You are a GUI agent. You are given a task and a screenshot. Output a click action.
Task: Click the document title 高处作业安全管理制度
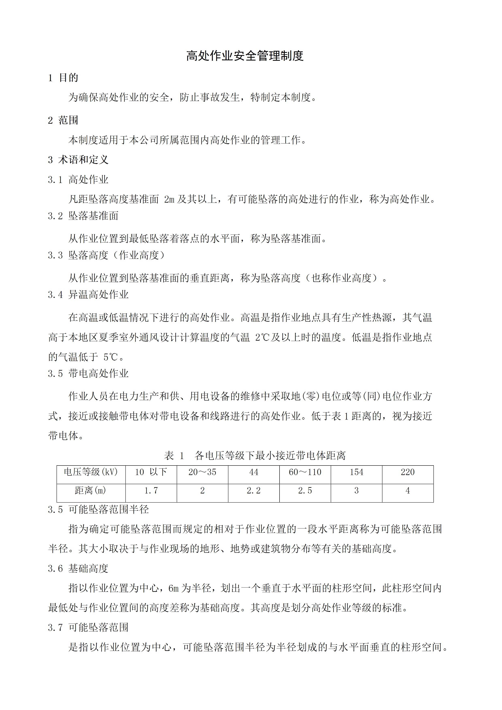click(245, 56)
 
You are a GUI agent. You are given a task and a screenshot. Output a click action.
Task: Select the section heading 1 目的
click(63, 78)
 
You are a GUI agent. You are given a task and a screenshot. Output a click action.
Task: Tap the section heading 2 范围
click(63, 120)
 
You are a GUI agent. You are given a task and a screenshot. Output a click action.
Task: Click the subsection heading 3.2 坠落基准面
click(83, 216)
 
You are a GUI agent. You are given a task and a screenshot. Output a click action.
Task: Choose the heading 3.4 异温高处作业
click(88, 295)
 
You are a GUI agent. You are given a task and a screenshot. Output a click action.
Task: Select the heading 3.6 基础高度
click(78, 568)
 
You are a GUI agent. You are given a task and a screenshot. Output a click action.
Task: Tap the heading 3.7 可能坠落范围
click(88, 627)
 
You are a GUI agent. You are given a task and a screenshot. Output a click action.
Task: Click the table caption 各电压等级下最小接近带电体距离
click(270, 456)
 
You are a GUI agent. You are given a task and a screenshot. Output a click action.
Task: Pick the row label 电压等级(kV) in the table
click(91, 472)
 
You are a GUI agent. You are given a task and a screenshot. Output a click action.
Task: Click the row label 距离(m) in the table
click(91, 490)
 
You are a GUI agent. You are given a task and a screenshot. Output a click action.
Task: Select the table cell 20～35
click(202, 472)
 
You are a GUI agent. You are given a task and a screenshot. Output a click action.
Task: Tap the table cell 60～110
click(305, 472)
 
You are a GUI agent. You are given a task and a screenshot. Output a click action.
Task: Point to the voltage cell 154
click(356, 472)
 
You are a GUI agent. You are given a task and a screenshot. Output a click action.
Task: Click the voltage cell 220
click(408, 472)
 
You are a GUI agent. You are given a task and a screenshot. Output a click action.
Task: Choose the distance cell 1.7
click(151, 490)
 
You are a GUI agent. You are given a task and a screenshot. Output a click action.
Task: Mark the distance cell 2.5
click(305, 490)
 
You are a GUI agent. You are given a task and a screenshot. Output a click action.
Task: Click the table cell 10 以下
click(151, 472)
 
